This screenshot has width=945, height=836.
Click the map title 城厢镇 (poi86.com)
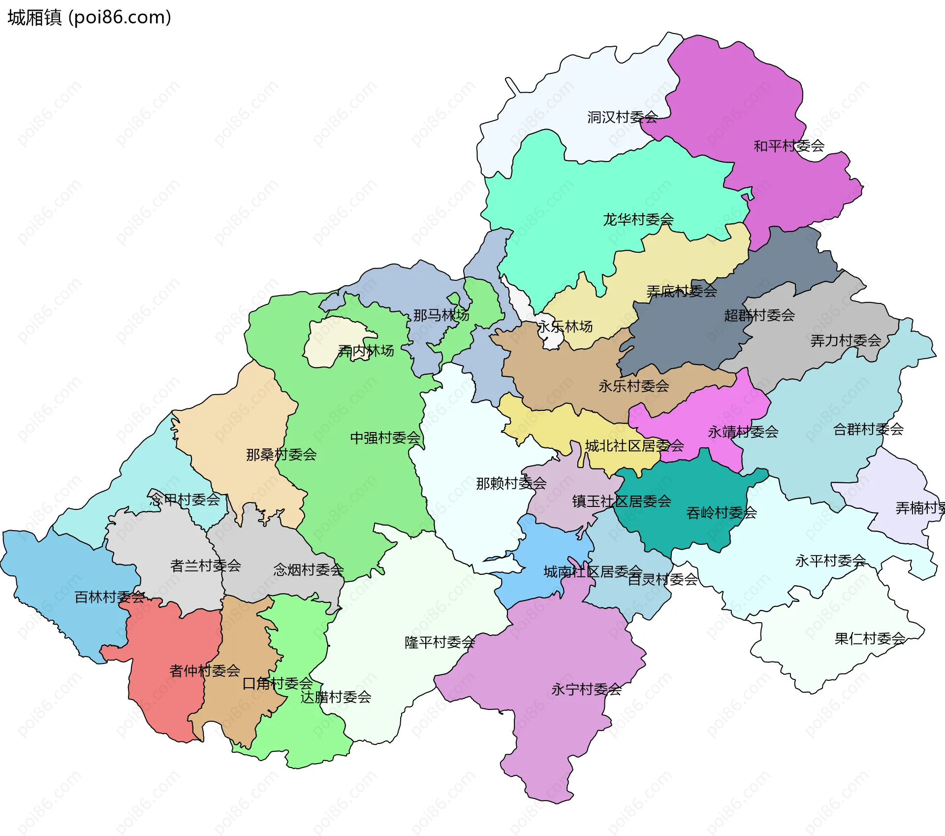(x=89, y=18)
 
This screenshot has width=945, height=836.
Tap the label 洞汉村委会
(x=622, y=117)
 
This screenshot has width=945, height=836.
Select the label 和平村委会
(x=789, y=146)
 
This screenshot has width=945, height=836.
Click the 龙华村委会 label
(x=638, y=219)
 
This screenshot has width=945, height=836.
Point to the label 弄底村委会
(x=681, y=291)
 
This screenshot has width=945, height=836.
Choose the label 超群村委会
(x=759, y=315)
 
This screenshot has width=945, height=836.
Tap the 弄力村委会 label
(x=845, y=340)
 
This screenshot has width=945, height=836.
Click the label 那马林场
(x=441, y=315)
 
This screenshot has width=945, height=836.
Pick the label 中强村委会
(x=385, y=437)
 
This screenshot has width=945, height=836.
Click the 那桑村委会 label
(x=281, y=454)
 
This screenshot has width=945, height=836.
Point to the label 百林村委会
(x=109, y=597)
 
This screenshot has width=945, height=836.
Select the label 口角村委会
(x=278, y=683)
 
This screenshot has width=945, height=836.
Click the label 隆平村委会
(x=439, y=642)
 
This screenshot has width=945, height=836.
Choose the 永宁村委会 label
(x=586, y=689)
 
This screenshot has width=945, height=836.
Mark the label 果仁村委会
(x=869, y=639)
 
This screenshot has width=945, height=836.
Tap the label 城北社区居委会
(x=634, y=446)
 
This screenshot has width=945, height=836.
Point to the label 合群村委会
(x=868, y=429)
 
